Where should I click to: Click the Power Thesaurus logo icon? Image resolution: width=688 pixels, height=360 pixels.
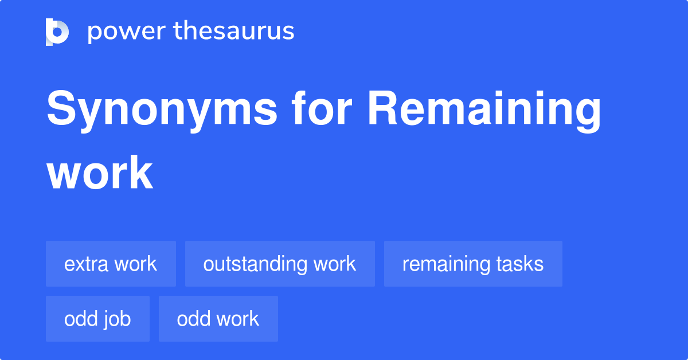(x=57, y=32)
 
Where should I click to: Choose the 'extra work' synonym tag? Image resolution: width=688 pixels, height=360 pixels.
(x=111, y=264)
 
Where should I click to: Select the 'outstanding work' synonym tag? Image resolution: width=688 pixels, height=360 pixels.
(x=280, y=264)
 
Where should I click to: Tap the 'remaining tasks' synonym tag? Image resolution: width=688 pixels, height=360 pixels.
(x=473, y=264)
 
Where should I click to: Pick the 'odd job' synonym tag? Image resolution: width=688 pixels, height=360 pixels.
(x=97, y=319)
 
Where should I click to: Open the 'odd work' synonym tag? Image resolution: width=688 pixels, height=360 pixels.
(x=218, y=319)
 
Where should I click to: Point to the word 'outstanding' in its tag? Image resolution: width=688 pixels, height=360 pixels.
(x=256, y=264)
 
